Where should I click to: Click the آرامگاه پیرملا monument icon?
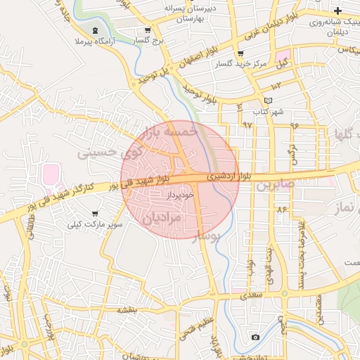click(x=95, y=30)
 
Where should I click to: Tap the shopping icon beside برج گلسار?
click(x=147, y=30)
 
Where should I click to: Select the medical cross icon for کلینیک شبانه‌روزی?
click(x=338, y=11)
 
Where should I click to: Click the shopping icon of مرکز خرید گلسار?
click(x=241, y=53)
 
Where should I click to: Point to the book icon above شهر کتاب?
click(x=268, y=101)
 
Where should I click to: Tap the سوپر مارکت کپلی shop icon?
click(x=95, y=213)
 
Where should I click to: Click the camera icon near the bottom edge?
click(x=255, y=337)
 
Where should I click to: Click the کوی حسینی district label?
click(x=110, y=150)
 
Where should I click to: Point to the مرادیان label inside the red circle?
click(x=162, y=219)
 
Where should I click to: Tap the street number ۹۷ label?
click(x=247, y=124)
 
